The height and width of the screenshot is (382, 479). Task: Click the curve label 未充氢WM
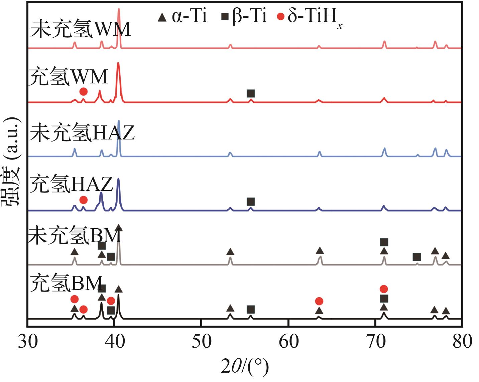81,29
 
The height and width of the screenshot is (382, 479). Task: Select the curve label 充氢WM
69,77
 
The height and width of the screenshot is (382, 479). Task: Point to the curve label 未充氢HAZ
82,132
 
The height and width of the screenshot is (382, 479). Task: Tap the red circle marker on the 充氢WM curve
84,92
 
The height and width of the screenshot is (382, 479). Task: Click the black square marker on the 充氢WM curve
251,93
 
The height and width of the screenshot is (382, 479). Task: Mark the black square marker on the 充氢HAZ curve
251,202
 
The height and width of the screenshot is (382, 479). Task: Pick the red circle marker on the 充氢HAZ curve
84,200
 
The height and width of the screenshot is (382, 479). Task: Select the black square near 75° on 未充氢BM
416,257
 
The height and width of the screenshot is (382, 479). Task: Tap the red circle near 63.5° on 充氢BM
319,301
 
